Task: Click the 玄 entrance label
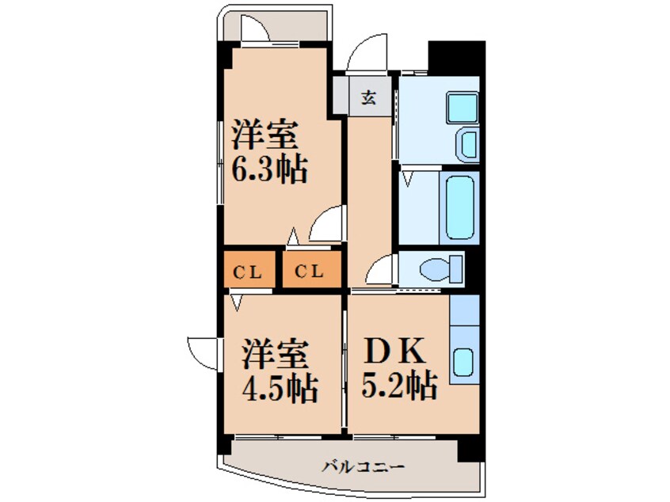click(x=369, y=98)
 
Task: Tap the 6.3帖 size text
click(x=268, y=170)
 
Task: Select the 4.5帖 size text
click(x=280, y=388)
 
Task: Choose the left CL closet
click(x=248, y=272)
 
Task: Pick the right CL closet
click(x=310, y=272)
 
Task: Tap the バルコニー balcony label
click(x=364, y=466)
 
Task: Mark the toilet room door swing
click(x=382, y=270)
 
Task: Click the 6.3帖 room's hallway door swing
click(x=327, y=225)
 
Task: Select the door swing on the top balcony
click(x=256, y=29)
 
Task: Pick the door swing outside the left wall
click(x=201, y=351)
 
